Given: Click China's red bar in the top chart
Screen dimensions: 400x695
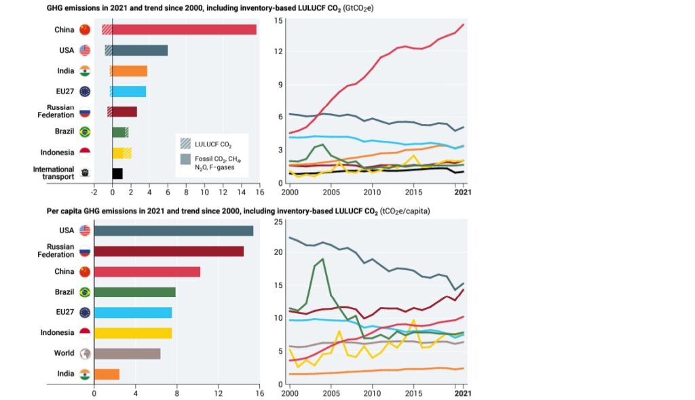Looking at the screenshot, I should coord(183,30).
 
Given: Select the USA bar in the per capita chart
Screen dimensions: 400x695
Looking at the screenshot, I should coord(173,231).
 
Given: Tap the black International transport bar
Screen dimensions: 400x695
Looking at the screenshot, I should coord(117,174).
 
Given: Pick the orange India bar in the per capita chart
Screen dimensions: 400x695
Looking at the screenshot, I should coord(107,374).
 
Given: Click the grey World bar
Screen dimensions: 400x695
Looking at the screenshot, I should coord(127,354).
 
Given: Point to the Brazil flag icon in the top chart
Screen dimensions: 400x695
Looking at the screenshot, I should coord(85,132).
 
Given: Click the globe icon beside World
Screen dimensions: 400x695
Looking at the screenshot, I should coord(85,354).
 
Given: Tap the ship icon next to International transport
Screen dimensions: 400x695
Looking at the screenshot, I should coord(85,174).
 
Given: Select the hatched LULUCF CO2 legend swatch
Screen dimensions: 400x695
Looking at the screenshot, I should coord(185,143).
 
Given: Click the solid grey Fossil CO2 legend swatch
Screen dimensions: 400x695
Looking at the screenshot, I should coord(185,159).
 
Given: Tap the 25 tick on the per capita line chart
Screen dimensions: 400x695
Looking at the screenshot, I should coord(278,222).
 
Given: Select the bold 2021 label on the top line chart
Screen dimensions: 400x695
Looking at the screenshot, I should coord(464,192).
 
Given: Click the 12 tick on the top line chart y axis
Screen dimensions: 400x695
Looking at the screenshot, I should coord(279,51).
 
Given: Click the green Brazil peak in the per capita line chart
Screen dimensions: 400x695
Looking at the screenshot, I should coord(322,259).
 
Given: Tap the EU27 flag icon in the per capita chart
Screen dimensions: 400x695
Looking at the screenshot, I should coord(85,313).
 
